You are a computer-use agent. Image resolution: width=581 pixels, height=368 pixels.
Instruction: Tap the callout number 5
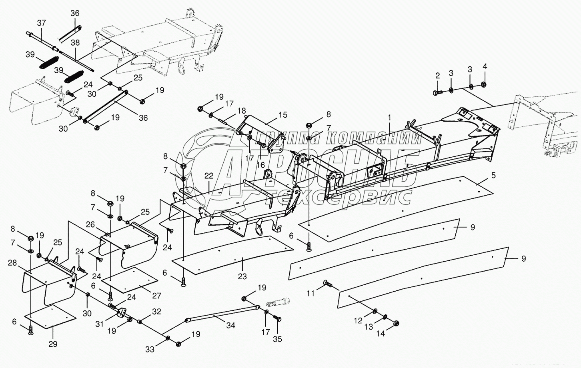493,175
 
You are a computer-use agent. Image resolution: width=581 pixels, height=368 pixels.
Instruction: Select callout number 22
209,176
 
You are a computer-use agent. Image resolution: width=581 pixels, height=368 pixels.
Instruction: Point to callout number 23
242,276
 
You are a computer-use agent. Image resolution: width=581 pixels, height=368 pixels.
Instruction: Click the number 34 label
230,326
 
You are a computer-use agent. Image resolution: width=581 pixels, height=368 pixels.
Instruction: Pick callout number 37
42,23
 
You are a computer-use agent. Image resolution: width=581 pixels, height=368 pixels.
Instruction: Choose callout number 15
283,115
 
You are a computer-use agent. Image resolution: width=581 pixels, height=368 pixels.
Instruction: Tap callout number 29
53,344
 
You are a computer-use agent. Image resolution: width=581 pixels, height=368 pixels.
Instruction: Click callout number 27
156,296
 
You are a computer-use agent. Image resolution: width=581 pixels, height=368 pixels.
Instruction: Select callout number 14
381,333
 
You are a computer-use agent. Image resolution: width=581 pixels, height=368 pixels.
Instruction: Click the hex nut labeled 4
484,85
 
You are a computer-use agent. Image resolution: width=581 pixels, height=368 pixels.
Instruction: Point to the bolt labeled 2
437,92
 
